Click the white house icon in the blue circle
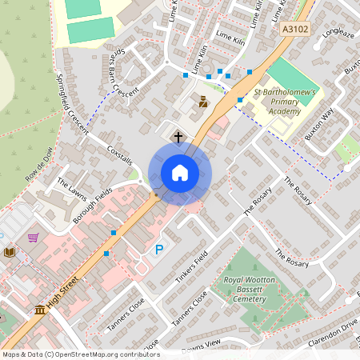click(x=180, y=172)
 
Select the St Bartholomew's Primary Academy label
click(x=286, y=102)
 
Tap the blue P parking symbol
click(x=158, y=250)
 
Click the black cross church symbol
click(x=178, y=137)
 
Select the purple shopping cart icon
click(x=33, y=238)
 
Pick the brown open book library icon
click(x=10, y=252)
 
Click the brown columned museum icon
click(x=40, y=310)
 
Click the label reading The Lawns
click(x=70, y=185)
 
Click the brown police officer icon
click(x=203, y=102)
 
